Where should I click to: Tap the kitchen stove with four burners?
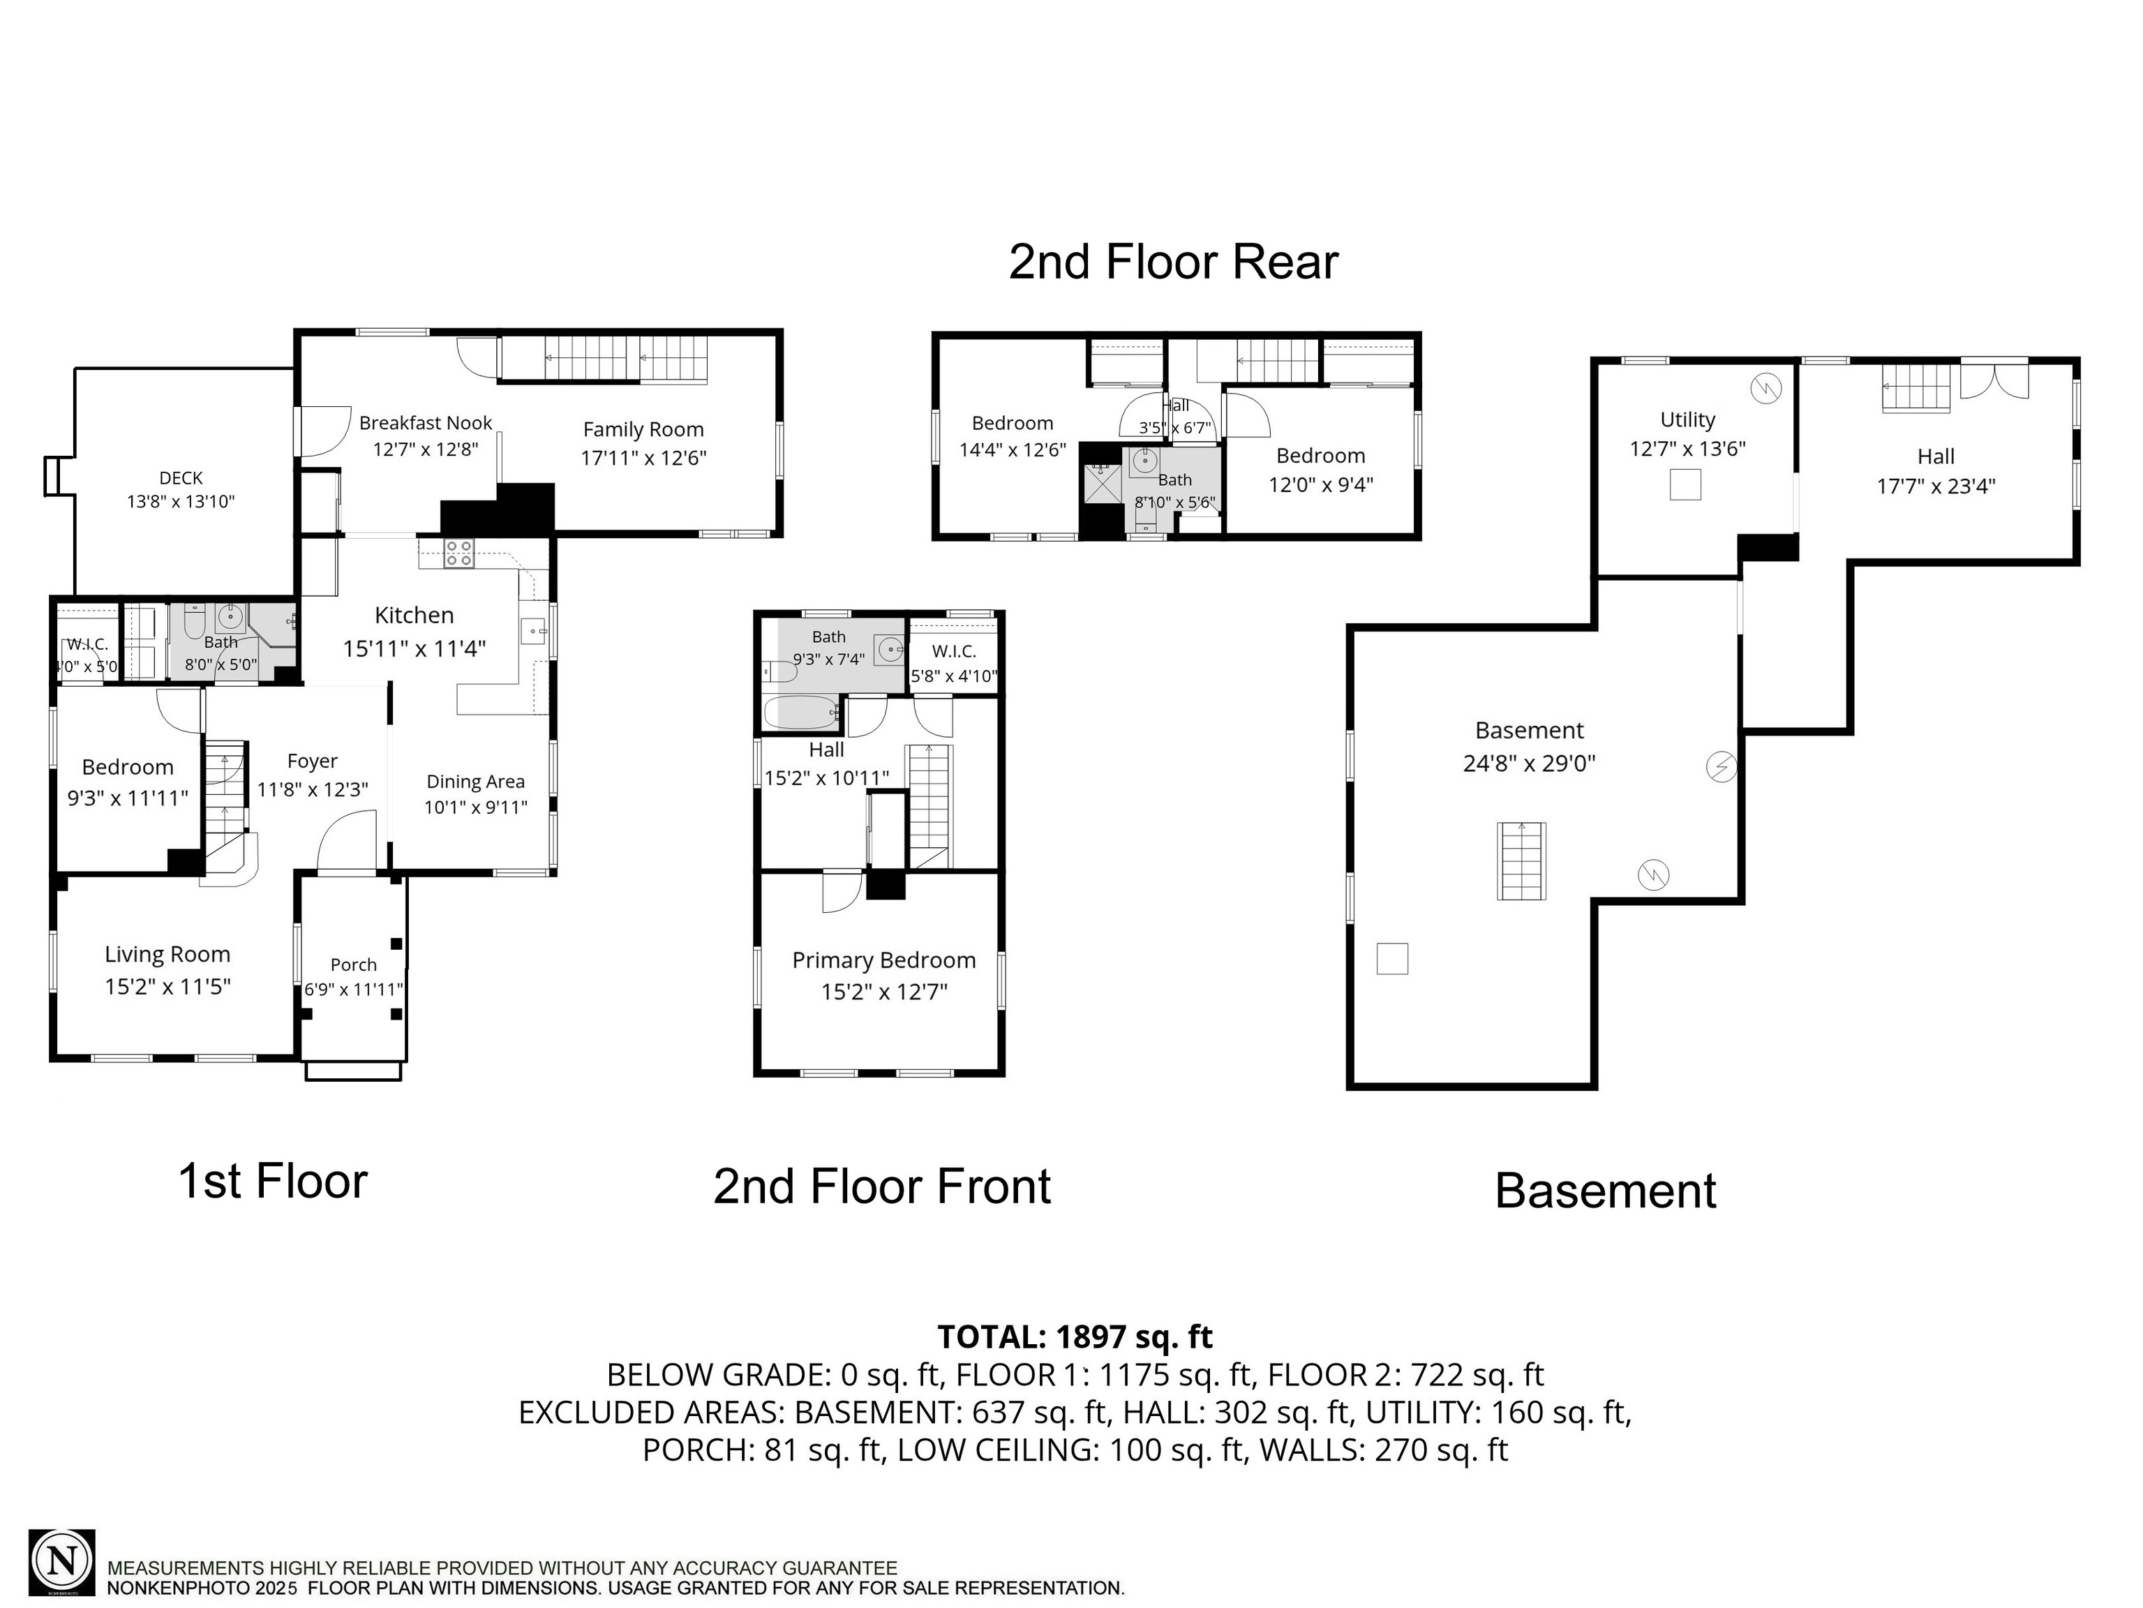tap(458, 554)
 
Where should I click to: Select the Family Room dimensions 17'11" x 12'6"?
tap(643, 459)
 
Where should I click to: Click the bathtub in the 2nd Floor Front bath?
tap(800, 714)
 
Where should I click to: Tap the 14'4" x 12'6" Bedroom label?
tap(1013, 436)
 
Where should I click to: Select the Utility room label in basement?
tap(1687, 419)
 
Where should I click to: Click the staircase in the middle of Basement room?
tap(1521, 861)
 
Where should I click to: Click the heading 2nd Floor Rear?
tap(1172, 262)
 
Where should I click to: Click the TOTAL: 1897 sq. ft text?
tap(1075, 1337)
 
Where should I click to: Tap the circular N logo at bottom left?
tap(62, 1561)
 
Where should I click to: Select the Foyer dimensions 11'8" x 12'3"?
tap(312, 789)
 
